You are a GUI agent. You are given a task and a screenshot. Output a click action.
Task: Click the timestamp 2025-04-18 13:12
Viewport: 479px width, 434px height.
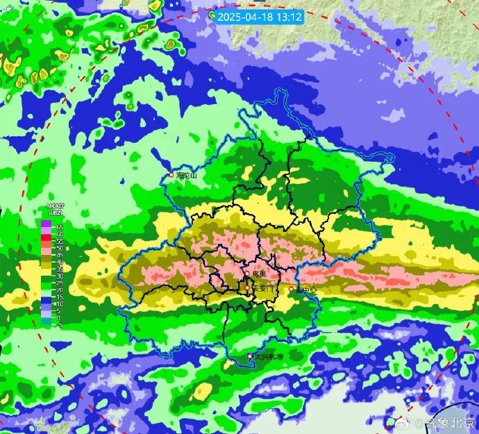pyautogui.click(x=259, y=16)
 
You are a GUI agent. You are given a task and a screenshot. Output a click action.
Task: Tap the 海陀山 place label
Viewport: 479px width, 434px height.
pyautogui.click(x=187, y=176)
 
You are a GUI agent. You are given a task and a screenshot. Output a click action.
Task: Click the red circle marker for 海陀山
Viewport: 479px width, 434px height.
pyautogui.click(x=171, y=175)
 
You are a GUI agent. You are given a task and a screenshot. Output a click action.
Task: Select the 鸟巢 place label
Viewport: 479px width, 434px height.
pyautogui.click(x=260, y=276)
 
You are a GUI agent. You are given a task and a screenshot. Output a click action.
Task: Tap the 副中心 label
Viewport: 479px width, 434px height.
pyautogui.click(x=305, y=289)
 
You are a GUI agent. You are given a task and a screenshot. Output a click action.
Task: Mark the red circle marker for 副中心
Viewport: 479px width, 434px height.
pyautogui.click(x=291, y=289)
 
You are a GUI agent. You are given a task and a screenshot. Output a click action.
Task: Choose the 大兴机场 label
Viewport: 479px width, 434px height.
pyautogui.click(x=269, y=357)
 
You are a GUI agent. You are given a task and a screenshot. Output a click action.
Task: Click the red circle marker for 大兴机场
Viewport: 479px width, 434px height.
pyautogui.click(x=251, y=356)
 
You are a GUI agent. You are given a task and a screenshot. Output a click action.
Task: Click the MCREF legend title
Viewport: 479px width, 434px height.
pyautogui.click(x=56, y=206)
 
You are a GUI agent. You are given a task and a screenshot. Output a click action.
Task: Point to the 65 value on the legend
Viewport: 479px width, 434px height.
pyautogui.click(x=60, y=227)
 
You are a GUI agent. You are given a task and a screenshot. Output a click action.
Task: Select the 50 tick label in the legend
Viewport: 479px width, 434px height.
pyautogui.click(x=60, y=247)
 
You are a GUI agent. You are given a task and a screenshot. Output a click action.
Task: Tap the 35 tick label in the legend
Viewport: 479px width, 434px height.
pyautogui.click(x=60, y=269)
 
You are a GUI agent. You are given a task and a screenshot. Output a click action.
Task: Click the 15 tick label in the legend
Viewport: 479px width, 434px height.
pyautogui.click(x=60, y=297)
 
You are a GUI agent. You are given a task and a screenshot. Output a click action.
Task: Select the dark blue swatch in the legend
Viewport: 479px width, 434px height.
pyautogui.click(x=47, y=299)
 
